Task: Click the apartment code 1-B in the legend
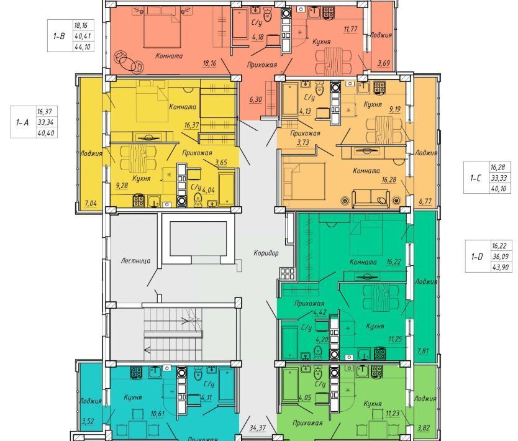tap(59, 35)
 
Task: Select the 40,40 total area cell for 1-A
tap(46, 133)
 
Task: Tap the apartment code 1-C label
tap(476, 178)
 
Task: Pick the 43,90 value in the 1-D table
tap(500, 267)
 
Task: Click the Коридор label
tap(266, 253)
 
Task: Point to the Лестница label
tap(135, 261)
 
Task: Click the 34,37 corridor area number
tap(258, 428)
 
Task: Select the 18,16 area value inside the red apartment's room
tap(209, 63)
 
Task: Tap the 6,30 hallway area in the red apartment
tap(255, 99)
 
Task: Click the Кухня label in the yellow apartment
tap(142, 178)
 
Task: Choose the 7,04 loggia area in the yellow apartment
tap(91, 203)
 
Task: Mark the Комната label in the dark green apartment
tap(363, 262)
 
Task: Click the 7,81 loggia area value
tap(423, 350)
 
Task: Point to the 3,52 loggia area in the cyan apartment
tap(88, 421)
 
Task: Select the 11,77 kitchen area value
tap(350, 29)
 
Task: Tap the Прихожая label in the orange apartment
tap(305, 134)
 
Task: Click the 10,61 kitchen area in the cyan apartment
tap(157, 414)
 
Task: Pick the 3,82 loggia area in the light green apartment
tap(424, 428)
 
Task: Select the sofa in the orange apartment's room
tap(371, 199)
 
